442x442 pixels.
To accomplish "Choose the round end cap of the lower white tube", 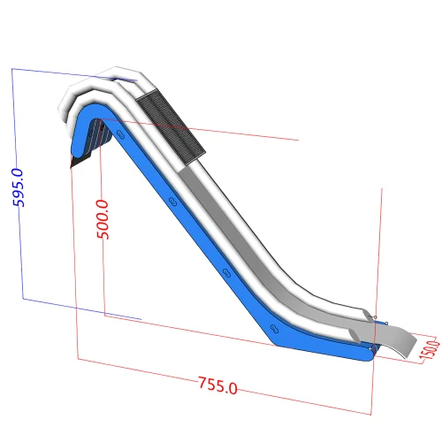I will click(x=365, y=314).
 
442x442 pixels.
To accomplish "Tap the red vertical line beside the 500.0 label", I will click(x=104, y=265).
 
